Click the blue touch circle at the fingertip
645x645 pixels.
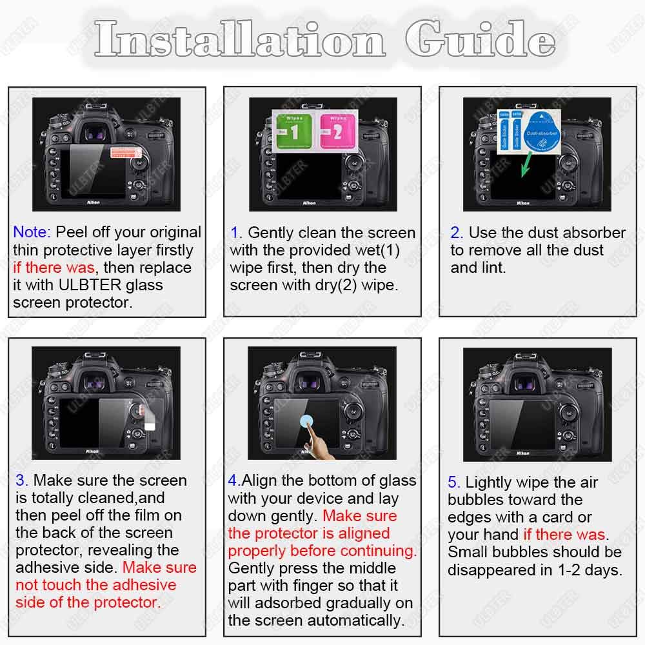308,422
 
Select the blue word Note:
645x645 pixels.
32,232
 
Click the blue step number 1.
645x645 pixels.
235,233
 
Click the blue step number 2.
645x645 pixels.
456,233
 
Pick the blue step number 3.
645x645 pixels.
21,481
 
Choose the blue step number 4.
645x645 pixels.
233,481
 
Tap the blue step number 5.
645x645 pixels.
453,482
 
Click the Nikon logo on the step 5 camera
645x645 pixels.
523,453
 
